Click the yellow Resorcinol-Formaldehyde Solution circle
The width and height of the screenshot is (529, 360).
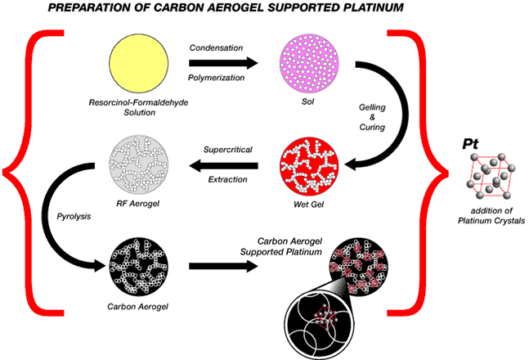pyautogui.click(x=140, y=64)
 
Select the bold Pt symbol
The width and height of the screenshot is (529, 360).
pyautogui.click(x=471, y=144)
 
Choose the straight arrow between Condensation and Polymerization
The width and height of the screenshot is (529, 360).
pyautogui.click(x=222, y=63)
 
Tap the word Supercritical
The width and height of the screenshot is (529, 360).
pyautogui.click(x=229, y=150)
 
